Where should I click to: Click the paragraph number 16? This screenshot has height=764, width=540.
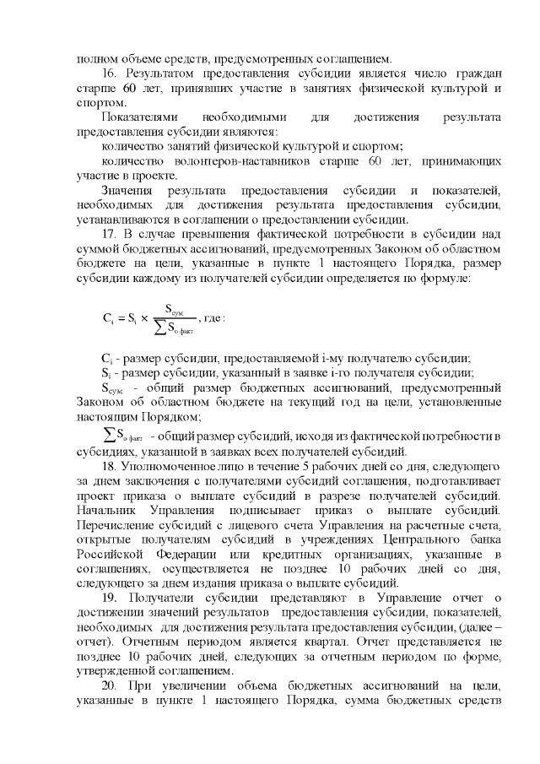coord(108,74)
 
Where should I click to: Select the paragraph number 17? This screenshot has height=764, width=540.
coord(108,233)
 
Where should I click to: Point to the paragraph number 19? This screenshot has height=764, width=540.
coord(108,598)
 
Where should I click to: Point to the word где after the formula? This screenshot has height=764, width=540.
coord(215,319)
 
